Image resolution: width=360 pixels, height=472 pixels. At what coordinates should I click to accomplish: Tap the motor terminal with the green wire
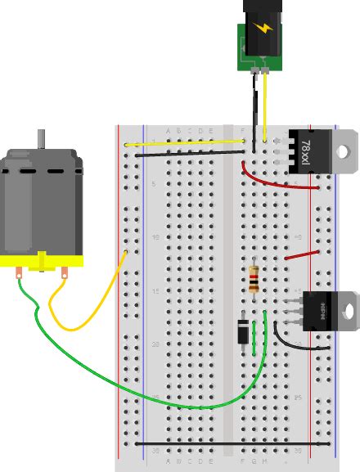point(19,276)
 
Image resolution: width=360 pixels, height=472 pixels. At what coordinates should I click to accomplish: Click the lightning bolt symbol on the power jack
point(263,29)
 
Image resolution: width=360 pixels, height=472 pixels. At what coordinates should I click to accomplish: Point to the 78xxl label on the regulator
point(305,152)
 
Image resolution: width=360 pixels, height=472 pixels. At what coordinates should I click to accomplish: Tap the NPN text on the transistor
point(322,311)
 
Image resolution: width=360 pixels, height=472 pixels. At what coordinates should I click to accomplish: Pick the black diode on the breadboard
point(243,332)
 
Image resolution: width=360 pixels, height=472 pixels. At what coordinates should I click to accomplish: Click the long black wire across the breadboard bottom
point(233,443)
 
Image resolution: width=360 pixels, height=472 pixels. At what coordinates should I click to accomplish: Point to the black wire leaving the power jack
point(254,106)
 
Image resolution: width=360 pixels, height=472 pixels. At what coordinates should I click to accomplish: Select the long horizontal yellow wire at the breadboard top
point(188,143)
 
